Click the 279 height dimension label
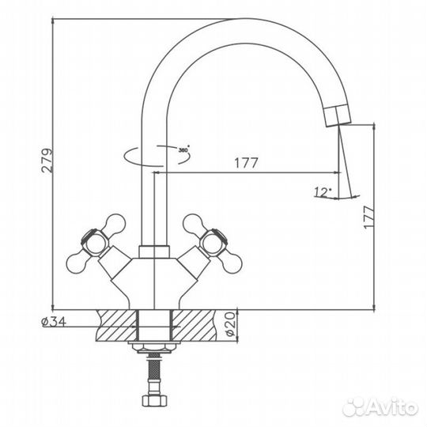45,162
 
